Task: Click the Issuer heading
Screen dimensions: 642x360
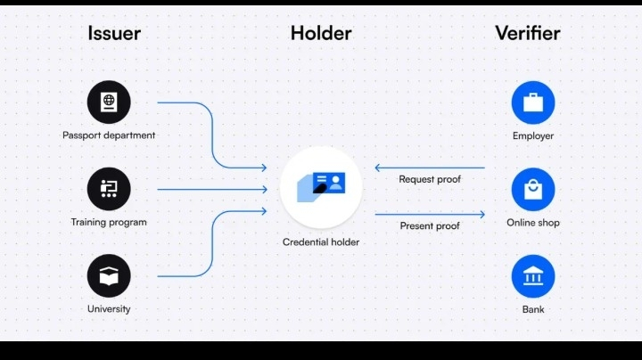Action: pos(114,34)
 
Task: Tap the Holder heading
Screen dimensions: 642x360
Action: pos(321,34)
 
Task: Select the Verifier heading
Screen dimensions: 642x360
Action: pos(528,34)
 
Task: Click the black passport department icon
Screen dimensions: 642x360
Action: pos(109,102)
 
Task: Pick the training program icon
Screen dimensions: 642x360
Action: pos(109,189)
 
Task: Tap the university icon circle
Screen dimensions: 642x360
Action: pos(109,276)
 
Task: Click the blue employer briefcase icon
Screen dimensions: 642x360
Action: pos(533,102)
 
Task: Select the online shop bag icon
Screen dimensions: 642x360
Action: pos(533,189)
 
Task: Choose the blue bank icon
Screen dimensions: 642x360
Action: pos(533,276)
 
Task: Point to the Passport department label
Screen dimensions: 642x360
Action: pos(109,135)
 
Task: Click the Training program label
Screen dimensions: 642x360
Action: pos(109,222)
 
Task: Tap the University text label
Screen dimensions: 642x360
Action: pos(109,309)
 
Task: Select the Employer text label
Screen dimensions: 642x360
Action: pos(533,135)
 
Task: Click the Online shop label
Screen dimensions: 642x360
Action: pos(533,222)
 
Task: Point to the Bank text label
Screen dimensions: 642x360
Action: pos(533,309)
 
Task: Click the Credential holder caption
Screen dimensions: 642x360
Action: pos(321,241)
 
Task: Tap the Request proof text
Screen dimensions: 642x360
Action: pos(430,179)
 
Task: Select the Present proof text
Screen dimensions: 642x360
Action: pos(430,226)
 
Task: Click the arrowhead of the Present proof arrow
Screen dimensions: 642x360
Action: pos(482,214)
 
